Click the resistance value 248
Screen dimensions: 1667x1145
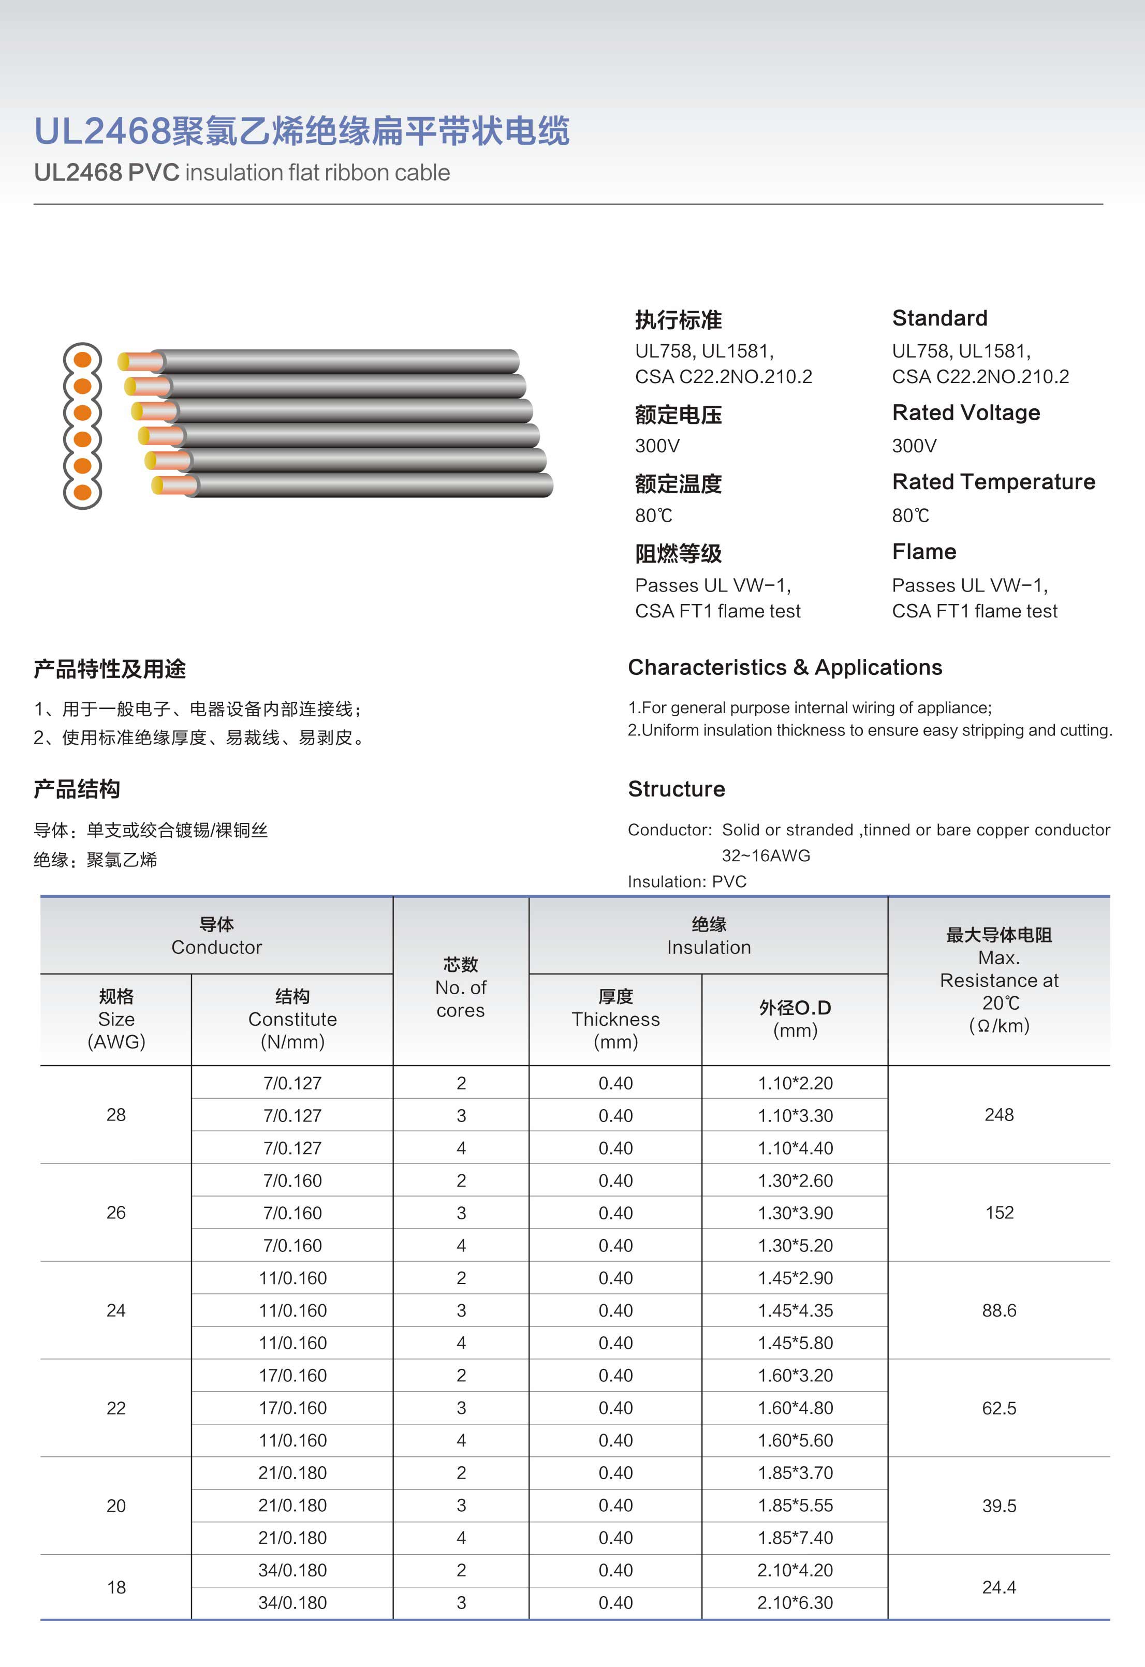point(999,1115)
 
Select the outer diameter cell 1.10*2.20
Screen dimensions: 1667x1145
point(795,1083)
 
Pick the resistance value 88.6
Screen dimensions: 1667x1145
point(999,1310)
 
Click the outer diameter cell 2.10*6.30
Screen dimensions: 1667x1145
point(795,1602)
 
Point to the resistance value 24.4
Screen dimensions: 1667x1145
point(999,1587)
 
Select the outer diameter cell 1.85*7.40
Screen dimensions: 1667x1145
point(795,1537)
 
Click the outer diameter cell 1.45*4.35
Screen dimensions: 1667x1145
point(795,1310)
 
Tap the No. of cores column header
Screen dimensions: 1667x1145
point(461,987)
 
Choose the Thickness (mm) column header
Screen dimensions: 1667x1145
point(615,1019)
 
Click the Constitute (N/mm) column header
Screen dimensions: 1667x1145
point(292,1019)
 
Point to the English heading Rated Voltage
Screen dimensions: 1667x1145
point(966,412)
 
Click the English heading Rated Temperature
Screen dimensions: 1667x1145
point(993,481)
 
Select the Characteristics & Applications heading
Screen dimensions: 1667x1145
point(785,667)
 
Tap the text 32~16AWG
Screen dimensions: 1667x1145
point(766,855)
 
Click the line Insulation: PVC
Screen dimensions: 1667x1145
point(686,881)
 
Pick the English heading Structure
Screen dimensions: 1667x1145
point(676,789)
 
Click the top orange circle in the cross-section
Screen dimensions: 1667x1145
point(82,359)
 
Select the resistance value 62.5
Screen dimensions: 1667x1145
point(999,1408)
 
